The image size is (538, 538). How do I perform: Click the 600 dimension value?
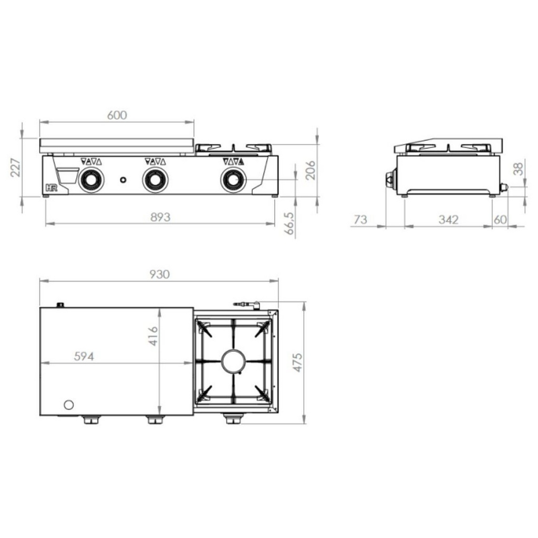(117, 115)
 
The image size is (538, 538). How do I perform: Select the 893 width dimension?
(160, 217)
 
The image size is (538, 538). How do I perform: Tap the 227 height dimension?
(16, 167)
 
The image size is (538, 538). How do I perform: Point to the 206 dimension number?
(310, 170)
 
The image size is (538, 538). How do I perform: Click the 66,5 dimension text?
(289, 223)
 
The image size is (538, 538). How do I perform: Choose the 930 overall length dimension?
(160, 274)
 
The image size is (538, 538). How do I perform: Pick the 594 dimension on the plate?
(84, 357)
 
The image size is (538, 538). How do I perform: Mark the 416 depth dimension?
(153, 336)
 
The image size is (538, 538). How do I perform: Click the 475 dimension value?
(297, 362)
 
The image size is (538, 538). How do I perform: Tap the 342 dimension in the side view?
(449, 220)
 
